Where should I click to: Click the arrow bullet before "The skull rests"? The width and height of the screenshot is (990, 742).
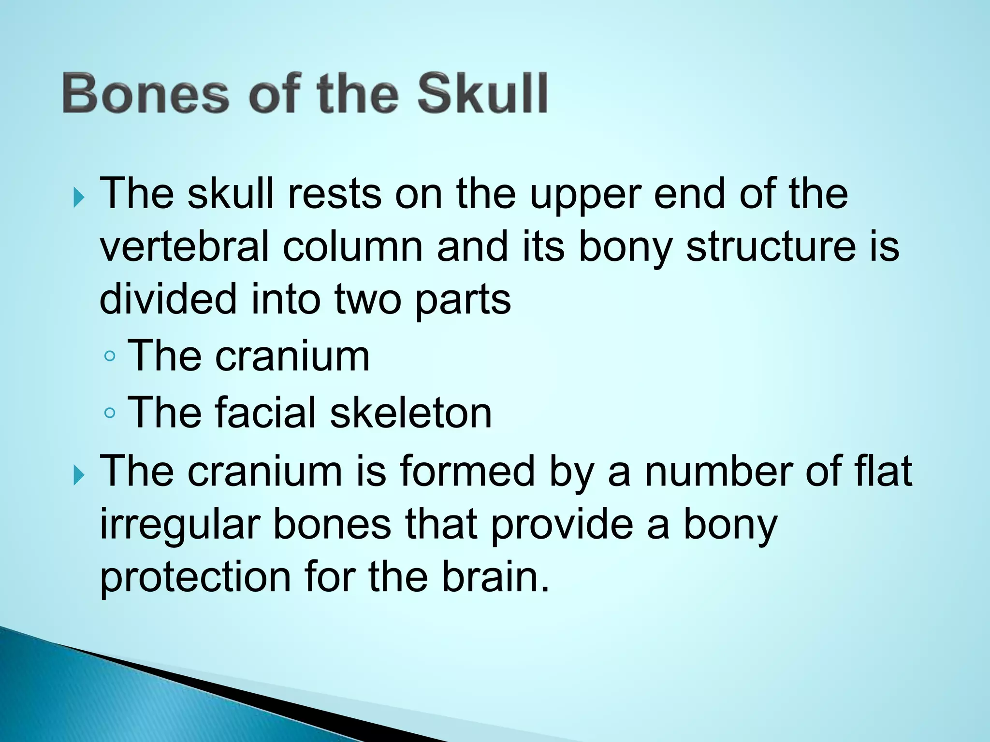tap(79, 198)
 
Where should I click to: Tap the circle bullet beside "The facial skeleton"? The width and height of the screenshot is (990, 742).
tap(110, 413)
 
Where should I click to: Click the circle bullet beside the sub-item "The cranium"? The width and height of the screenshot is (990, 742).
tap(110, 357)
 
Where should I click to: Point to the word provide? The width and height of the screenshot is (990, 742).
tap(562, 525)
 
